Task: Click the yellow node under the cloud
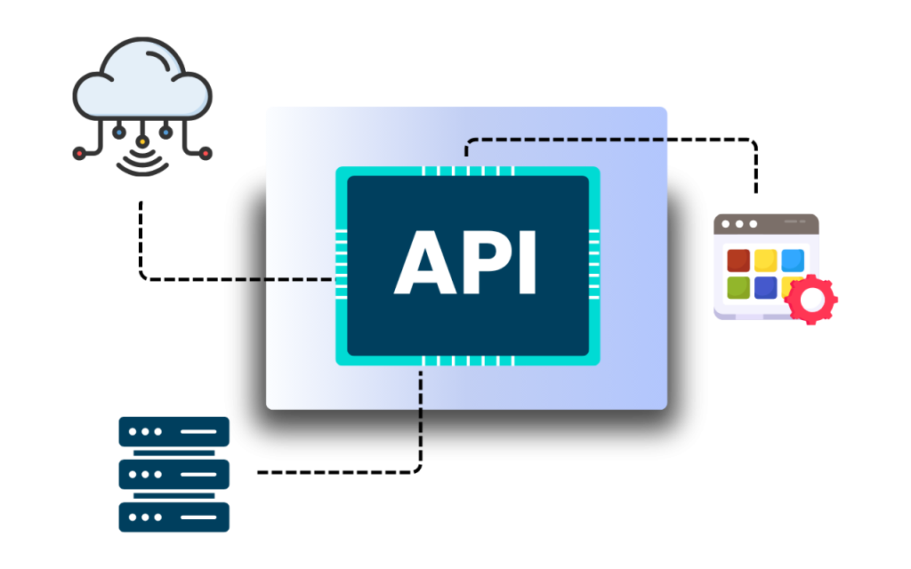click(142, 141)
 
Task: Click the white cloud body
click(142, 84)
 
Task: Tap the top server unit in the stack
click(173, 432)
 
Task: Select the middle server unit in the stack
click(173, 475)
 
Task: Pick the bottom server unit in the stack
click(173, 517)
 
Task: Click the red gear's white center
click(811, 301)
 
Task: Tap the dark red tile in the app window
click(738, 260)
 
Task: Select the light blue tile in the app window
click(792, 260)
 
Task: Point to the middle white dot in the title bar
click(739, 224)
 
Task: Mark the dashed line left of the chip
click(299, 280)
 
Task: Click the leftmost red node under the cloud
click(79, 154)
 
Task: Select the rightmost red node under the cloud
click(206, 154)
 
